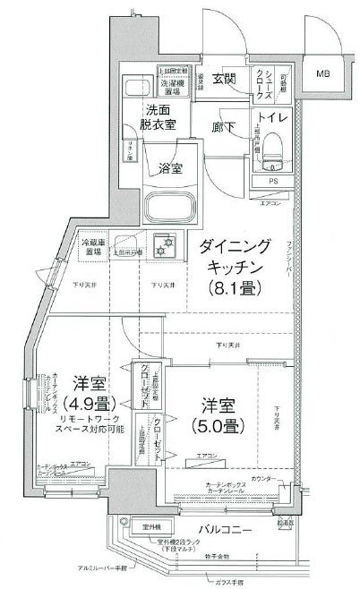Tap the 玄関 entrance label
(x=224, y=80)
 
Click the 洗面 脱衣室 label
(x=163, y=119)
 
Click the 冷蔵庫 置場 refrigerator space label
(x=92, y=246)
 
